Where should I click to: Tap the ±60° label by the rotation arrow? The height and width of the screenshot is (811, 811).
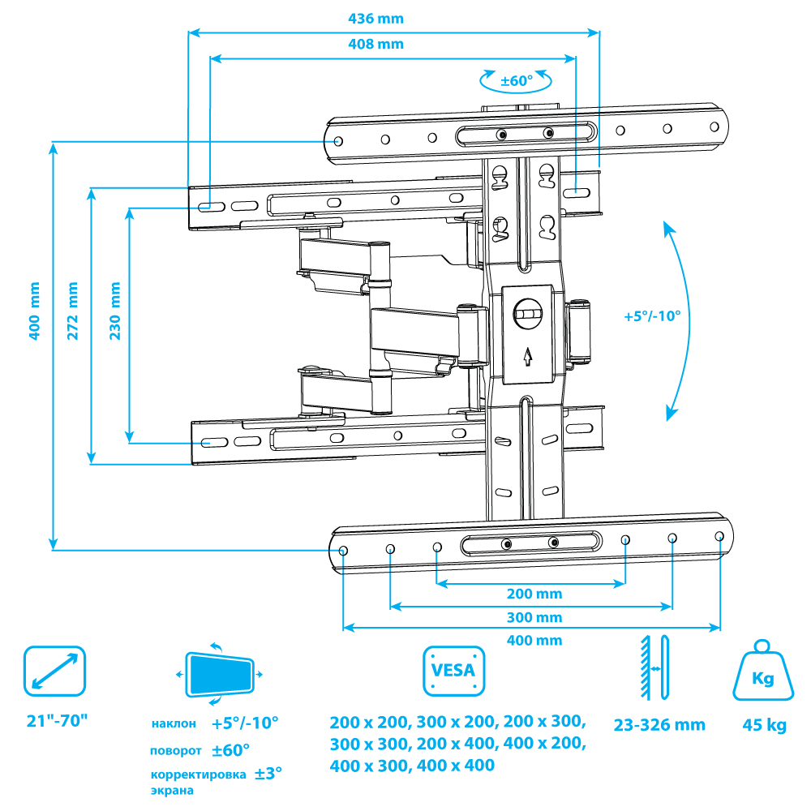[x=516, y=81]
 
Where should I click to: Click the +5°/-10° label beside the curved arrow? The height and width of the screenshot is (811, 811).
[x=652, y=317]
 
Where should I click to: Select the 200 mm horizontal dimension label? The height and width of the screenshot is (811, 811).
[x=534, y=594]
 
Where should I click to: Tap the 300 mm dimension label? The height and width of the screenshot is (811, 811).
[x=534, y=617]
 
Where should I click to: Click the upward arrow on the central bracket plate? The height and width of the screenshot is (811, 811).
[x=529, y=355]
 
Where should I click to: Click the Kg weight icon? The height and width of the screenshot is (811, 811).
[x=763, y=672]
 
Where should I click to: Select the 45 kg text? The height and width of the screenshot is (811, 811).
[x=764, y=725]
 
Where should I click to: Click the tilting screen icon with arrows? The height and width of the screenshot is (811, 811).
[x=219, y=673]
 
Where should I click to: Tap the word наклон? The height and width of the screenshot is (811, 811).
[x=173, y=723]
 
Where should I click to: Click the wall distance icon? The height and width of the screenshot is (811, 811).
[x=653, y=669]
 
